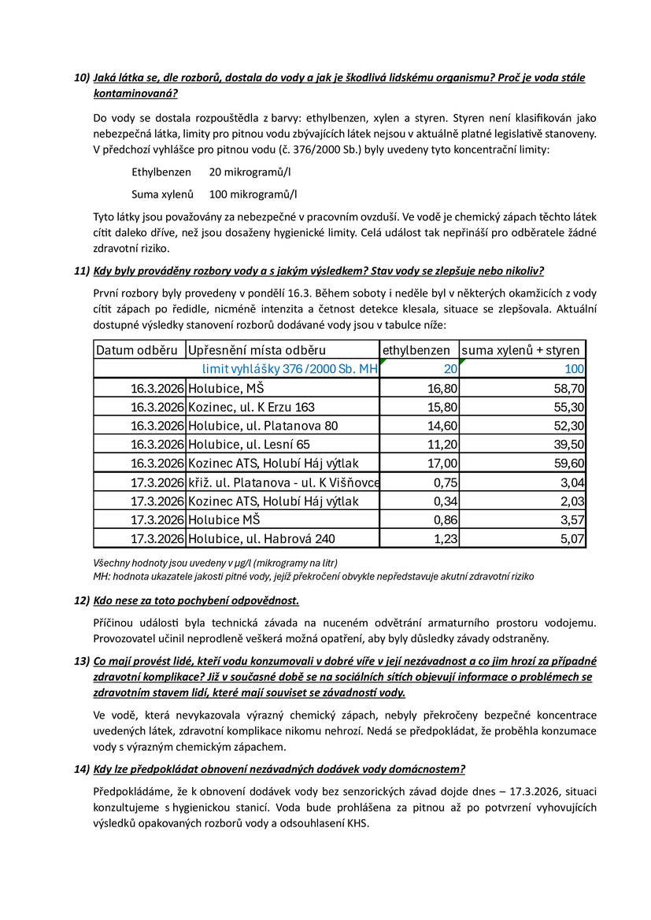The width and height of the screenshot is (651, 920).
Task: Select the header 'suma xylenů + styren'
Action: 520,350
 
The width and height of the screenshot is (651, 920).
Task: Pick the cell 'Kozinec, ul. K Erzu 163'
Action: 251,407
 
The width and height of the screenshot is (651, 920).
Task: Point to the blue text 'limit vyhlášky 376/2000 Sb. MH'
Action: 290,369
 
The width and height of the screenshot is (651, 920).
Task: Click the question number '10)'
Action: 82,78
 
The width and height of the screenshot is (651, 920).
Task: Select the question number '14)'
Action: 82,768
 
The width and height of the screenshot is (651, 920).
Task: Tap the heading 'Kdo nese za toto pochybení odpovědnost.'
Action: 196,601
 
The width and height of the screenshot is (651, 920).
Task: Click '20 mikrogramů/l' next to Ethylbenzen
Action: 253,171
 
